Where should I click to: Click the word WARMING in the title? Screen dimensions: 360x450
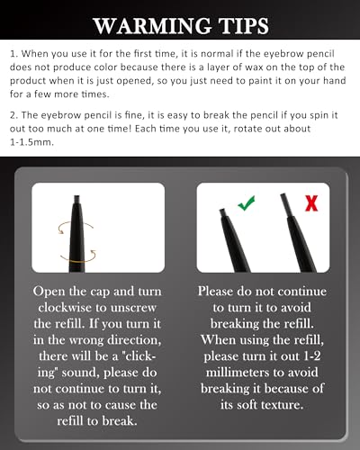(x=152, y=26)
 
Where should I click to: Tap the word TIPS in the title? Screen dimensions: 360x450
(x=243, y=26)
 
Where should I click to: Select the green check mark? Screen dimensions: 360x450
(x=247, y=202)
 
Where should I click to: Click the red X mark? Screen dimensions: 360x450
(x=311, y=203)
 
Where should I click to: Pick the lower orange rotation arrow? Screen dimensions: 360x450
(x=78, y=256)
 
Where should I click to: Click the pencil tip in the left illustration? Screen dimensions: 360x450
(x=77, y=200)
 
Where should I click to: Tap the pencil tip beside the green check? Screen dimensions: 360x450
(x=222, y=212)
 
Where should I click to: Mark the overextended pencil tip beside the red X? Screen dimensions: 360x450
(x=285, y=204)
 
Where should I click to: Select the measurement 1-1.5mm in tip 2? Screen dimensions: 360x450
(x=31, y=142)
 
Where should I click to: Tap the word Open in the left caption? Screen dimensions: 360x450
(x=49, y=292)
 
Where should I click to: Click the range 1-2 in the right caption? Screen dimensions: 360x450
(x=312, y=356)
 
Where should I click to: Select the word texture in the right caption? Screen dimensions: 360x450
(x=283, y=405)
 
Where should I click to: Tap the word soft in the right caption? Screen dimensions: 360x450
(x=247, y=405)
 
